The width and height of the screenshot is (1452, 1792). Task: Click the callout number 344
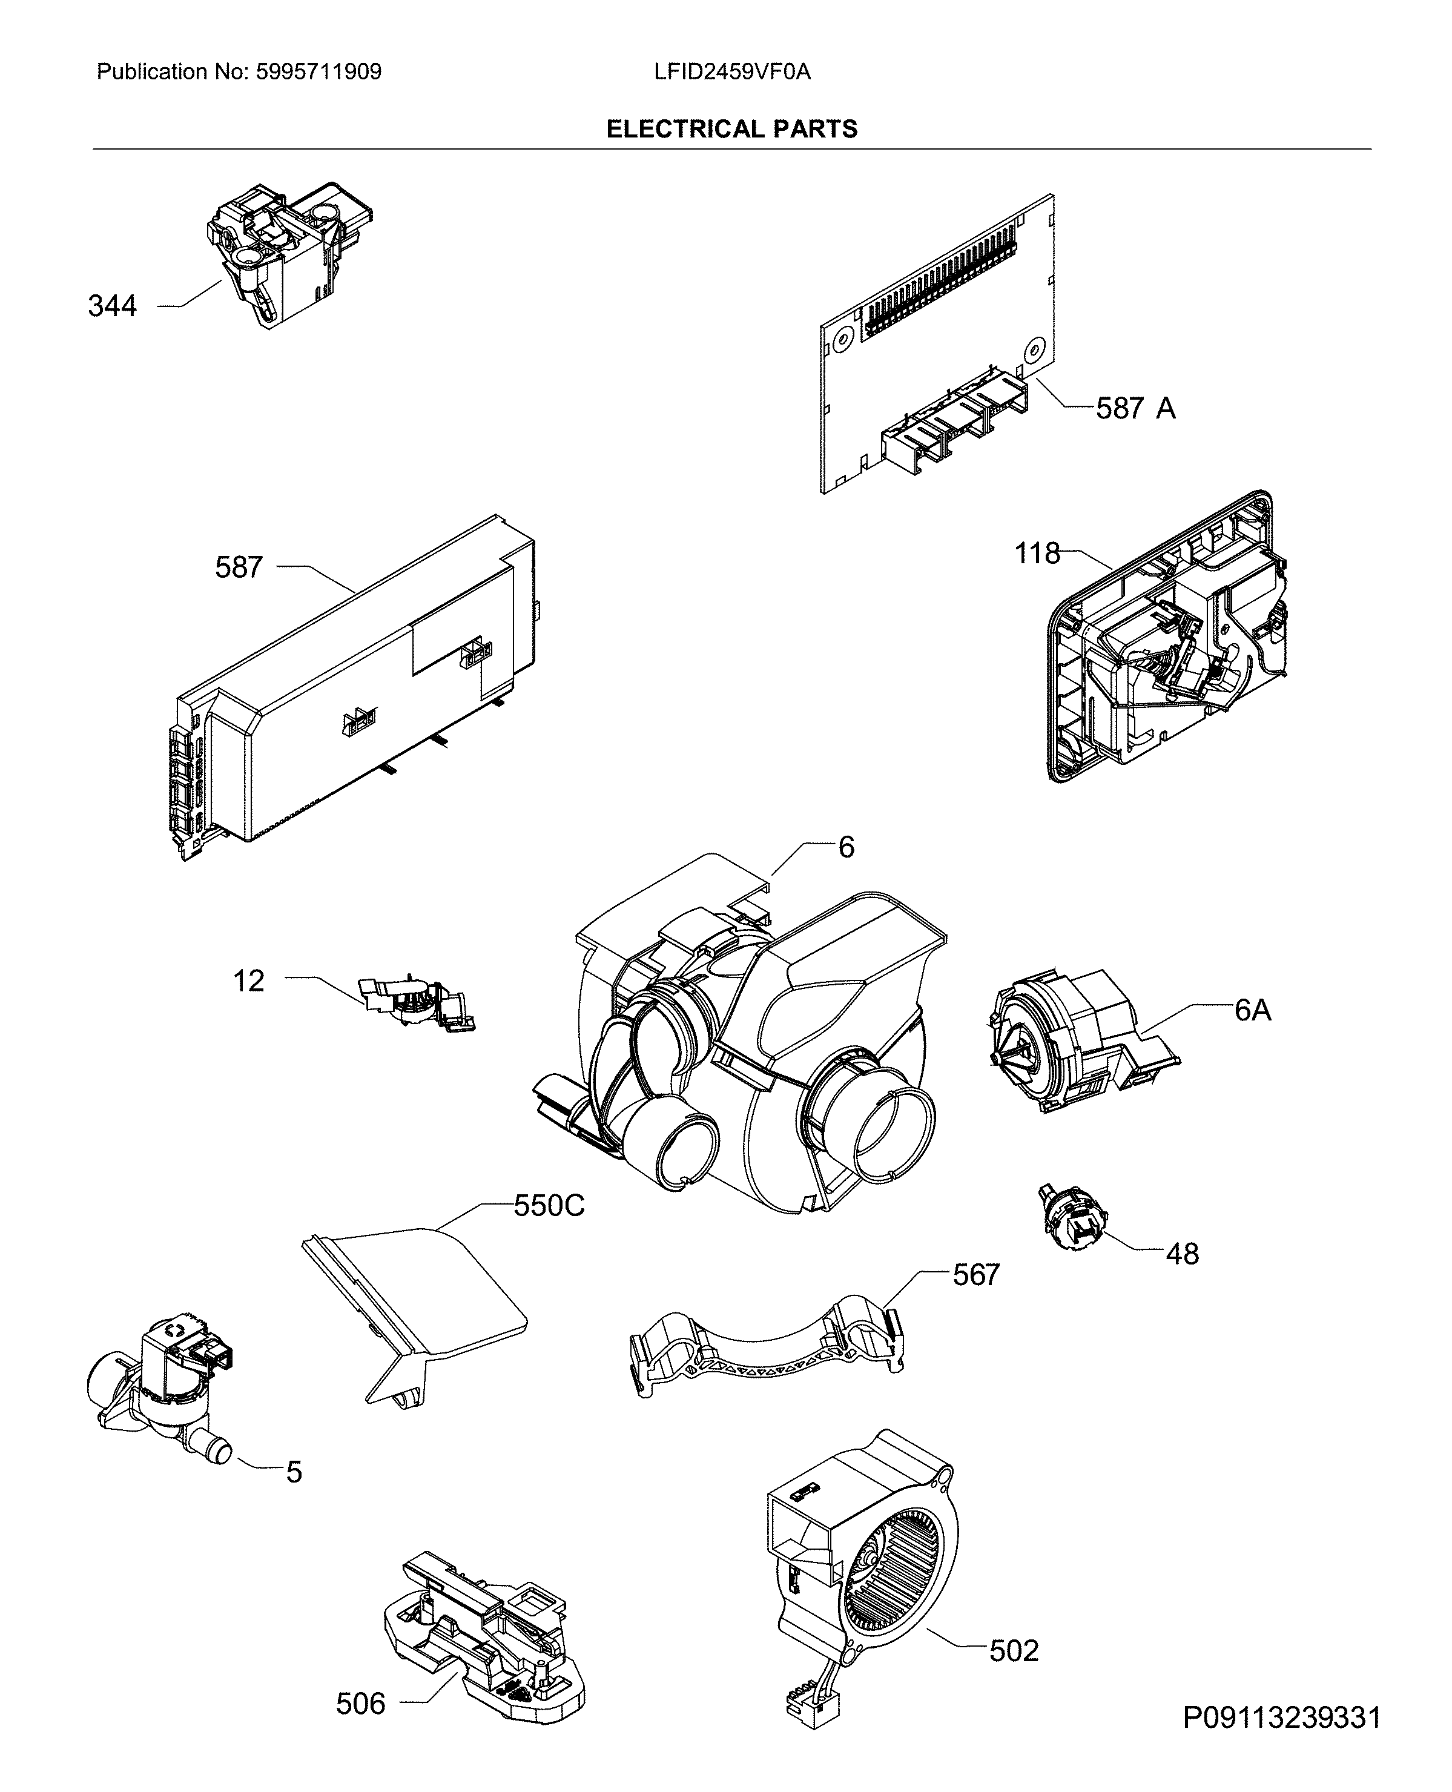click(x=112, y=306)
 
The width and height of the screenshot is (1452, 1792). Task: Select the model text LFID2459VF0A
click(x=732, y=72)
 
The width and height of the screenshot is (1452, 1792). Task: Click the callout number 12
click(x=248, y=980)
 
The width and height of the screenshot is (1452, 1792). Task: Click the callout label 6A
click(x=1252, y=1011)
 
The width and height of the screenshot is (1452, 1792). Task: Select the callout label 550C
click(x=549, y=1206)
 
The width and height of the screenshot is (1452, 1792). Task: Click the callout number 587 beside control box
click(x=239, y=567)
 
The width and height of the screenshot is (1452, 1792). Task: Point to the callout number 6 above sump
click(x=846, y=847)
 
